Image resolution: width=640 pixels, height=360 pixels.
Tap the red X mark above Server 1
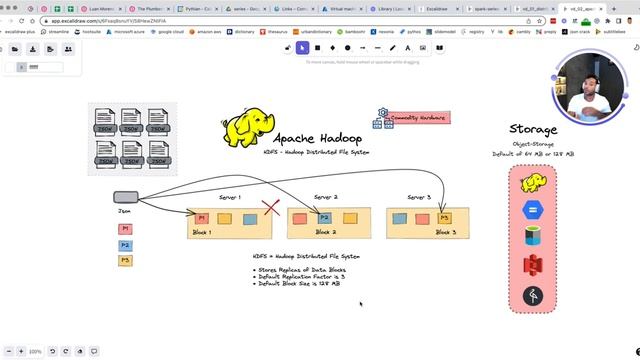click(x=271, y=208)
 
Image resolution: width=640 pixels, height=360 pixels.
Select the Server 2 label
click(x=326, y=198)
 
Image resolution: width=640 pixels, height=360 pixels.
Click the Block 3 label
click(x=445, y=232)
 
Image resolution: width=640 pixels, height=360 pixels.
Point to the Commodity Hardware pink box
click(x=420, y=118)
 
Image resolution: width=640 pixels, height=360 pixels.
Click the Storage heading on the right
click(x=540, y=130)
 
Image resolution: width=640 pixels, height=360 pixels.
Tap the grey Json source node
click(x=125, y=198)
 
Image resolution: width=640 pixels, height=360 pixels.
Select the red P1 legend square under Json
click(x=125, y=229)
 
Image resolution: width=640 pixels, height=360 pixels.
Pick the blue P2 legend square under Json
click(x=125, y=245)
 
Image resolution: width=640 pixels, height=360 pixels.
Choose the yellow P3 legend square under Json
click(x=125, y=261)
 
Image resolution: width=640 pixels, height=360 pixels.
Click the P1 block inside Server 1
click(x=201, y=217)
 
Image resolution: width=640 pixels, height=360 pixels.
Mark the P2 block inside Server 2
click(x=324, y=217)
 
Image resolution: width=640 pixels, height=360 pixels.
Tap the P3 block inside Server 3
click(x=445, y=217)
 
